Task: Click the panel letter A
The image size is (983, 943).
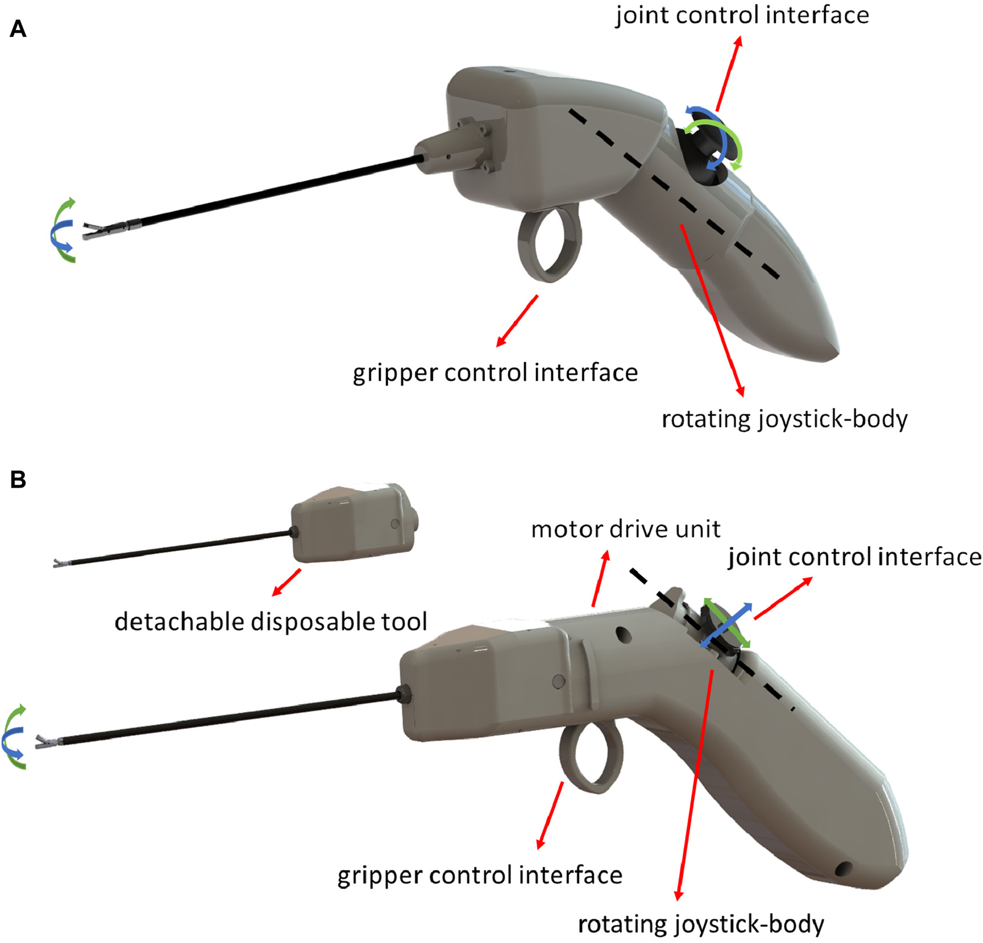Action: (18, 28)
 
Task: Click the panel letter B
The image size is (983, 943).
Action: (18, 480)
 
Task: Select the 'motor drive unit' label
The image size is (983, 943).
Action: (625, 529)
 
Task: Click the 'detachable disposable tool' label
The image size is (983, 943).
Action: (271, 622)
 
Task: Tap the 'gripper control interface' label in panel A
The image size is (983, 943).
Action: (495, 373)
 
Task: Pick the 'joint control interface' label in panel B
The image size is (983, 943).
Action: (855, 557)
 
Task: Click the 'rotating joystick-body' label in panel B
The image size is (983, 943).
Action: (701, 924)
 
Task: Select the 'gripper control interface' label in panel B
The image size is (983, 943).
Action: (480, 875)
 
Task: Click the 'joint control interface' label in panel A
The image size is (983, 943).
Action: (742, 16)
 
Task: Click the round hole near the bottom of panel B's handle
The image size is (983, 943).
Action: (845, 868)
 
